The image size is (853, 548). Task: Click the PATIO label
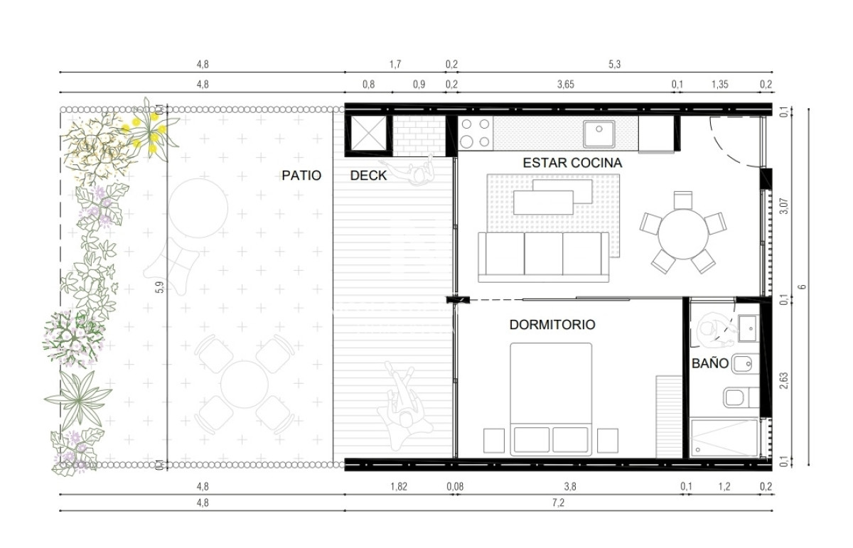pyautogui.click(x=301, y=175)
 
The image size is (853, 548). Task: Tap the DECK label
pyautogui.click(x=368, y=176)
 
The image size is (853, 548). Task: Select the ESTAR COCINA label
pyautogui.click(x=572, y=163)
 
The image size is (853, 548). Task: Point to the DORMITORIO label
pyautogui.click(x=552, y=325)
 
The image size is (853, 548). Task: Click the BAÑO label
pyautogui.click(x=710, y=363)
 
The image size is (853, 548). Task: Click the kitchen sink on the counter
pyautogui.click(x=600, y=133)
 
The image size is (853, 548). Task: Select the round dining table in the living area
pyautogui.click(x=682, y=232)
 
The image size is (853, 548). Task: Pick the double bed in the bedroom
pyautogui.click(x=551, y=398)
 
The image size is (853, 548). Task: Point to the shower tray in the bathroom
pyautogui.click(x=724, y=437)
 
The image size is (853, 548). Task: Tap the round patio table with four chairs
pyautogui.click(x=244, y=385)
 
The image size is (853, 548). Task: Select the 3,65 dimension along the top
pyautogui.click(x=565, y=85)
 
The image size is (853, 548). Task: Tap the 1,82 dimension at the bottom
pyautogui.click(x=400, y=486)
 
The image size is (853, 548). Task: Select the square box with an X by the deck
pyautogui.click(x=368, y=133)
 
